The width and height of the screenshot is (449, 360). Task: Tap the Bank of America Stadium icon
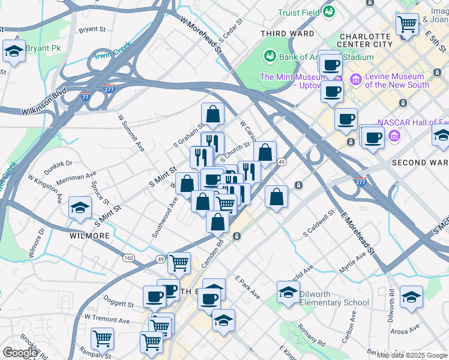(270, 56)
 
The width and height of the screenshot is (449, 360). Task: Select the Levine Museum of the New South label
(397, 80)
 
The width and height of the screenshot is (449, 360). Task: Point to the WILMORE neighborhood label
(89, 236)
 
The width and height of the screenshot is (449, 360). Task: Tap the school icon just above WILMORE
(79, 208)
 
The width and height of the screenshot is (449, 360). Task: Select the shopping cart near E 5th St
(407, 25)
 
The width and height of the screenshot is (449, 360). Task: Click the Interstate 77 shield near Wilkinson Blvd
(86, 96)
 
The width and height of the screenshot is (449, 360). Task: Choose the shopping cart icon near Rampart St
(103, 338)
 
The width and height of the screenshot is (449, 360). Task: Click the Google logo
(19, 353)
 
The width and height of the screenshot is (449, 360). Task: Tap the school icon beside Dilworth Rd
(411, 296)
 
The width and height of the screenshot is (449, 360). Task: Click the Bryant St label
(92, 28)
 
